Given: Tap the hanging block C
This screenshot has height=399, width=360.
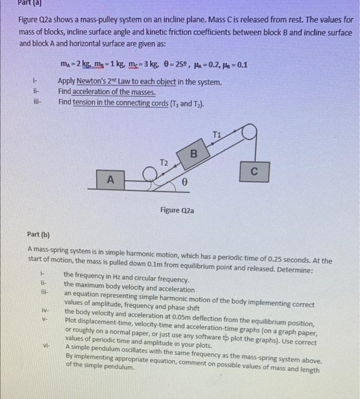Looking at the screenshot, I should [x=254, y=170].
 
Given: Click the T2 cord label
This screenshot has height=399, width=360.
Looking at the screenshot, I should [x=163, y=162].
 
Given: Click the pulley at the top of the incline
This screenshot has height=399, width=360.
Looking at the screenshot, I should [x=249, y=132].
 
